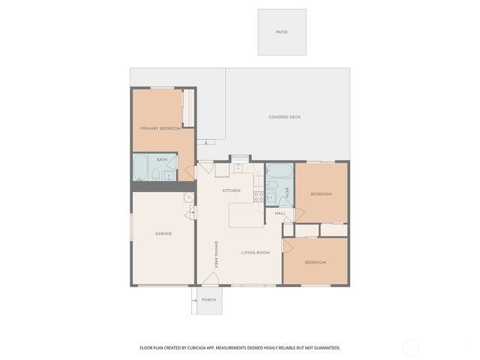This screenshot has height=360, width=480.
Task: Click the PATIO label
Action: [281, 32]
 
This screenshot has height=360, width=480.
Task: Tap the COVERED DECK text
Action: [284, 117]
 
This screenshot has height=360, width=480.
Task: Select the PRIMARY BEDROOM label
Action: [160, 128]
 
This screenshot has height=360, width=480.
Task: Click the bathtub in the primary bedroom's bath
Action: [141, 167]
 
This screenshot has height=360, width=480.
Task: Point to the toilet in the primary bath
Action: [156, 175]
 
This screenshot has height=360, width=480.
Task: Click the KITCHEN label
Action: [231, 190]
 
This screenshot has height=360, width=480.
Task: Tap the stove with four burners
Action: [259, 196]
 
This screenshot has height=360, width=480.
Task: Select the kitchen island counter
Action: [246, 214]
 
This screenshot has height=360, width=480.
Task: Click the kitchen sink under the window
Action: [238, 168]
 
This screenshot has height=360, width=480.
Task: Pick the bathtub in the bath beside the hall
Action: [279, 170]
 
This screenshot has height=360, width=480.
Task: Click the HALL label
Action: [280, 214]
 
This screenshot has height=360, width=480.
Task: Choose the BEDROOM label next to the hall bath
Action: [321, 194]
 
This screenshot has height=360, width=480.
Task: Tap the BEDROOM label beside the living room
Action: [315, 262]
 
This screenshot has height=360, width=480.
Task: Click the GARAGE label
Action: [163, 233]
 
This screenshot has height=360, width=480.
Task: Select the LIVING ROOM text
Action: [255, 253]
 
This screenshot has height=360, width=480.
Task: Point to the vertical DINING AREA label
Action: [216, 254]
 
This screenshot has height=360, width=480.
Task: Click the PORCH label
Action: [208, 300]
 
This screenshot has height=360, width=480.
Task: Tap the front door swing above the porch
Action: [211, 279]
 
